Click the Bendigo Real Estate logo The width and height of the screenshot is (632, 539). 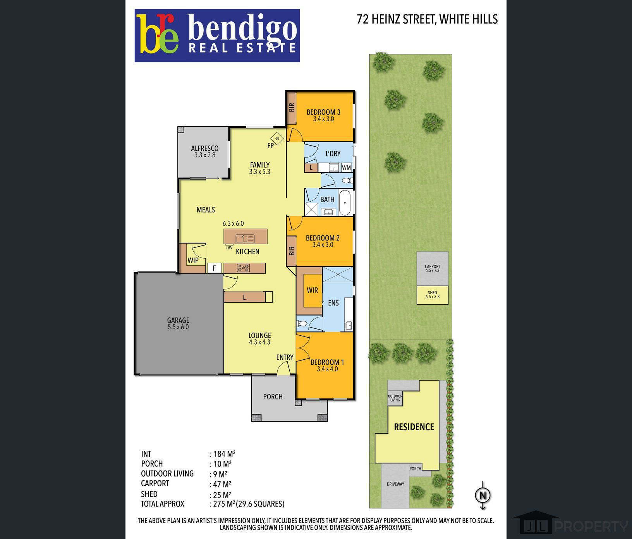tap(217, 36)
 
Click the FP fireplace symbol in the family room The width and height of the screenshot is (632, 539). tap(278, 138)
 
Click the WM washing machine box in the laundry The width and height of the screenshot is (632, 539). tap(346, 167)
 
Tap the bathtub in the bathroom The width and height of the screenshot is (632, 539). tap(345, 203)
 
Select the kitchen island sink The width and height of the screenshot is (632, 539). tap(245, 239)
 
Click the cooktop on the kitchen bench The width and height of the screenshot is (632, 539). tap(244, 268)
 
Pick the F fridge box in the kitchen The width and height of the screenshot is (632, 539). tap(214, 268)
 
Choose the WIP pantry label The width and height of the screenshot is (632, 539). tap(193, 260)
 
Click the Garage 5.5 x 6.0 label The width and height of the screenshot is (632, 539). tap(178, 323)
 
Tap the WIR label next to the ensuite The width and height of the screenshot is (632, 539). tap(313, 290)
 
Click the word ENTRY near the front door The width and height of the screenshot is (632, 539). tap(285, 357)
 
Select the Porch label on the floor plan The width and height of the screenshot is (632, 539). tap(273, 397)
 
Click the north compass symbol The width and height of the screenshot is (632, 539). tap(483, 495)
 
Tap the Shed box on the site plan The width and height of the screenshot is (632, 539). tap(433, 295)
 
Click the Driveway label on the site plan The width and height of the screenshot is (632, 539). tap(395, 484)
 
